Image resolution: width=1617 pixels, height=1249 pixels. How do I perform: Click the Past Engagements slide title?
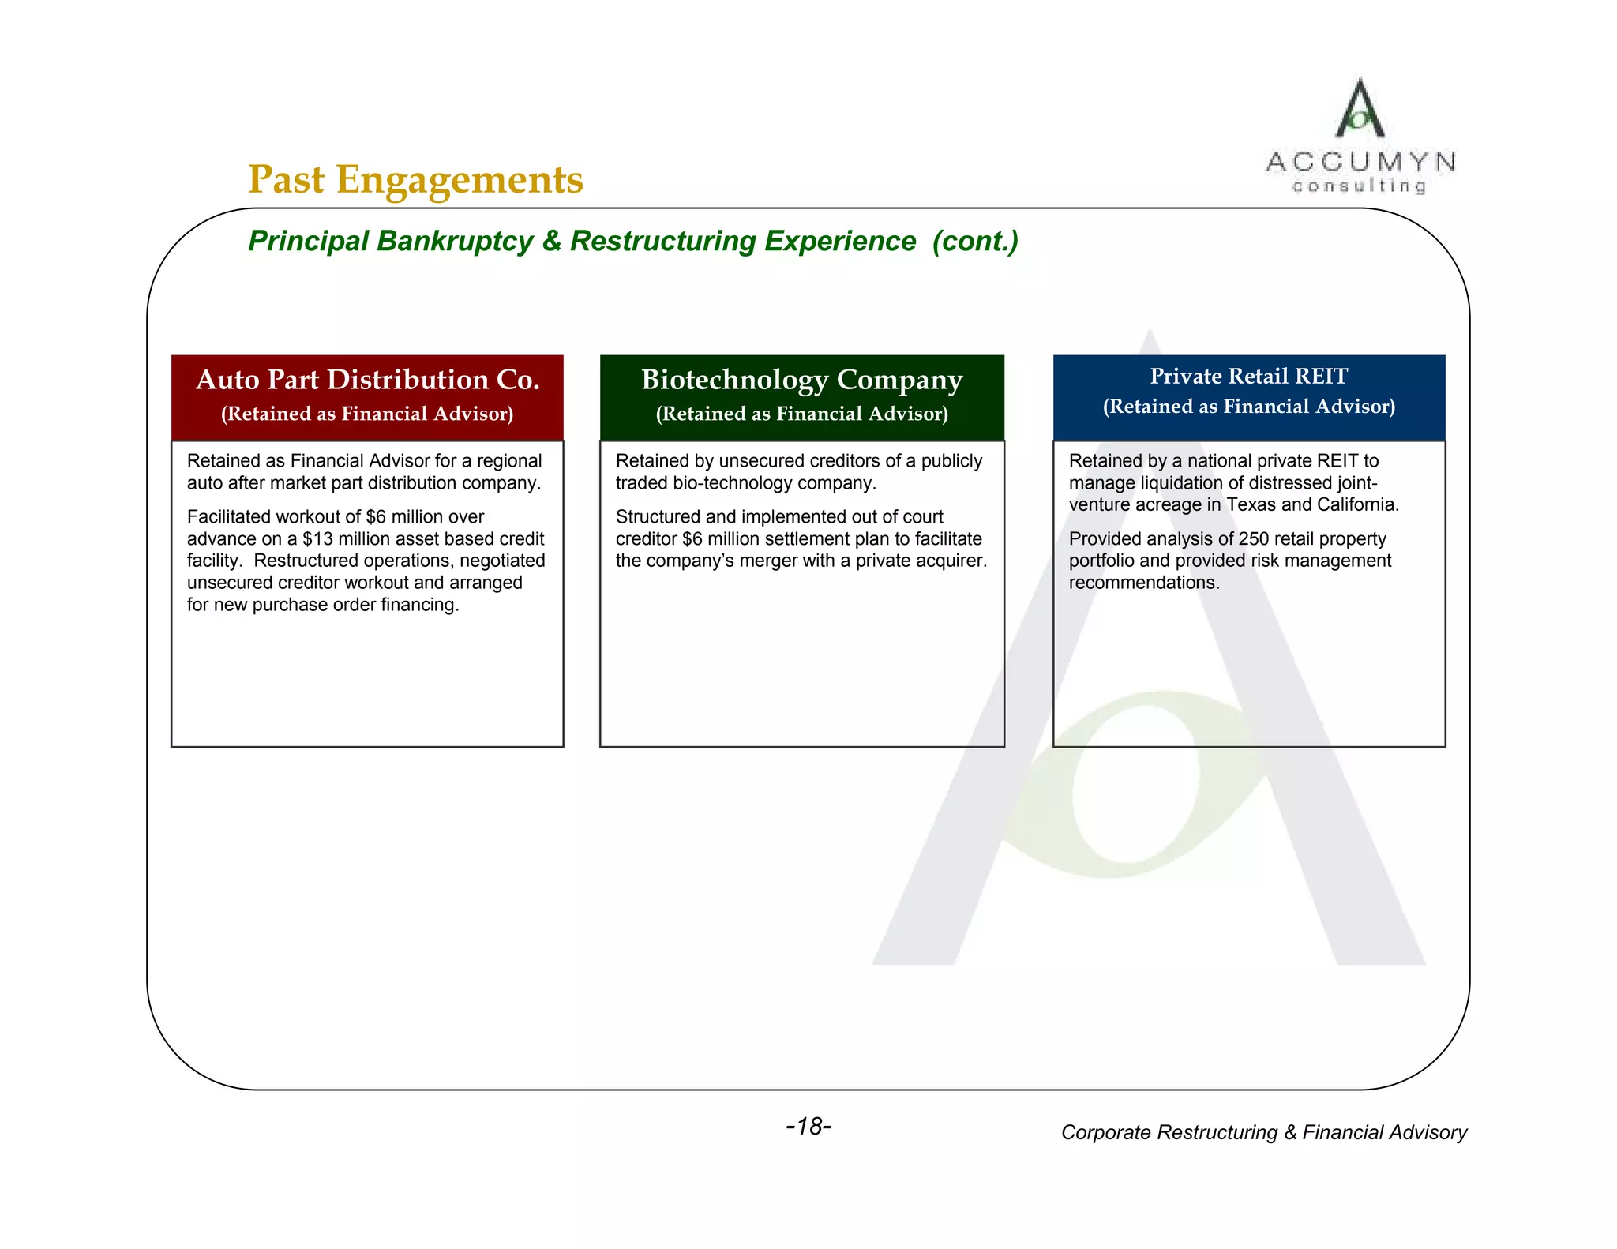(415, 180)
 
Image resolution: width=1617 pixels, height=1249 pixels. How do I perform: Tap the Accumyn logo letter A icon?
(1360, 109)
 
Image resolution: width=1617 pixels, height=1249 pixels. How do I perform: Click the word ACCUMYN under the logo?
(1360, 163)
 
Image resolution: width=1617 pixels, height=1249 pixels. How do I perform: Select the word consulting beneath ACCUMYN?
(1360, 186)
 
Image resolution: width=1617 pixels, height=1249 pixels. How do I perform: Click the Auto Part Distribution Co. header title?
(367, 380)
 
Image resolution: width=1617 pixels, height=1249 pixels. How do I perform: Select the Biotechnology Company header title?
(801, 380)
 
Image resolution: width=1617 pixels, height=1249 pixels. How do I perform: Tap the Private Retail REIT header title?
(1248, 377)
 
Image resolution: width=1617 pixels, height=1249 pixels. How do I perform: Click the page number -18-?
(808, 1127)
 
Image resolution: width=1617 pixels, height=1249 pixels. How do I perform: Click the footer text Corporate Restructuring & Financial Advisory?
(1263, 1133)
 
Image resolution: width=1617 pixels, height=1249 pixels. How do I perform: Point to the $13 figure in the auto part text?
(317, 539)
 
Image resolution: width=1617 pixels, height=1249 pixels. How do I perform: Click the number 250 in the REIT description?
(1253, 539)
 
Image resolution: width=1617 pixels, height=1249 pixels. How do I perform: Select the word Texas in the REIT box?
(1251, 505)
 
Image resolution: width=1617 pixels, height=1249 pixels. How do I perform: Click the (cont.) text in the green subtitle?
(975, 241)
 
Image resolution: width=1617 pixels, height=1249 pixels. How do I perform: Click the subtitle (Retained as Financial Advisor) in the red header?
(367, 414)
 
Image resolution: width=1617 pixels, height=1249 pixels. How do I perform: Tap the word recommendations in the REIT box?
(1144, 583)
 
